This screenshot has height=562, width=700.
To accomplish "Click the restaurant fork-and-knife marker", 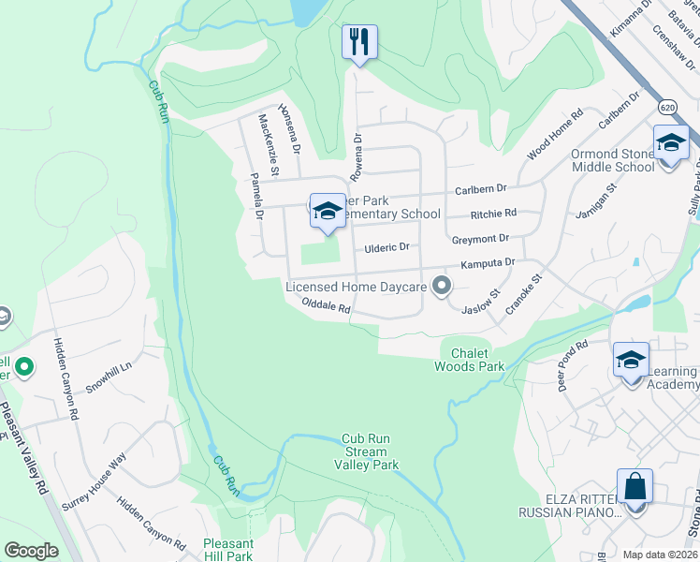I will [x=359, y=42].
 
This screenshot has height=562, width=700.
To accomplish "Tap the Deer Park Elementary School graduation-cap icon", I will [x=327, y=211].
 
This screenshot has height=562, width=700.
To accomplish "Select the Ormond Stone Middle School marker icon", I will [x=671, y=144].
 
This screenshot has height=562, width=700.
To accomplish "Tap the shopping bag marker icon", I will [x=634, y=488].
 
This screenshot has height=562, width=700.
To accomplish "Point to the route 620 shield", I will [x=665, y=108].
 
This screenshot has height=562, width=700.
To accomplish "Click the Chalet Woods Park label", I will [x=469, y=359].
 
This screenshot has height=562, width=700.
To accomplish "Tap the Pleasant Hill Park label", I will [x=228, y=550].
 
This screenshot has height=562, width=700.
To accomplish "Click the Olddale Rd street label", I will [x=326, y=305].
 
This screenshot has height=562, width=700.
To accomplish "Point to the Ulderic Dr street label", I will [x=386, y=247].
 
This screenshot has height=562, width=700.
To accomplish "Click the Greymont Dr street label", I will [x=480, y=239].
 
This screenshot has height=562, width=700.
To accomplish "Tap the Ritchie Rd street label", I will [x=493, y=214].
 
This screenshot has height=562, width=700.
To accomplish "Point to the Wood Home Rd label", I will [x=554, y=135].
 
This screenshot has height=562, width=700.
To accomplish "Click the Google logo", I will [x=31, y=551].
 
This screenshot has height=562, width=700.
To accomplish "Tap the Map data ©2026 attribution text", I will [x=659, y=555].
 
